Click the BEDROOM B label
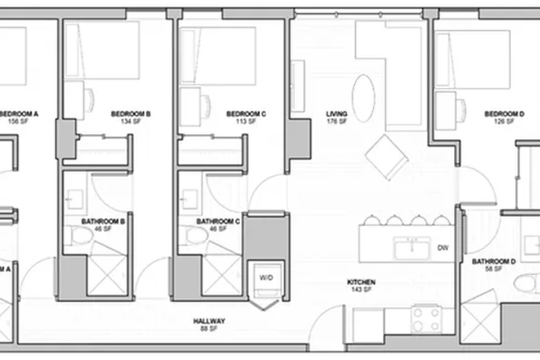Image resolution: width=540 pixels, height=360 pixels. point(130,114)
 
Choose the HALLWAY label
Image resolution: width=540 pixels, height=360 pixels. point(209,321)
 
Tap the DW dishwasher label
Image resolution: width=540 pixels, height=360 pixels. point(443,247)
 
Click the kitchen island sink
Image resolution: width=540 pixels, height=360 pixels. point(410,246)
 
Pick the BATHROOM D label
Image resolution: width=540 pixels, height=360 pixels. point(493,262)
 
